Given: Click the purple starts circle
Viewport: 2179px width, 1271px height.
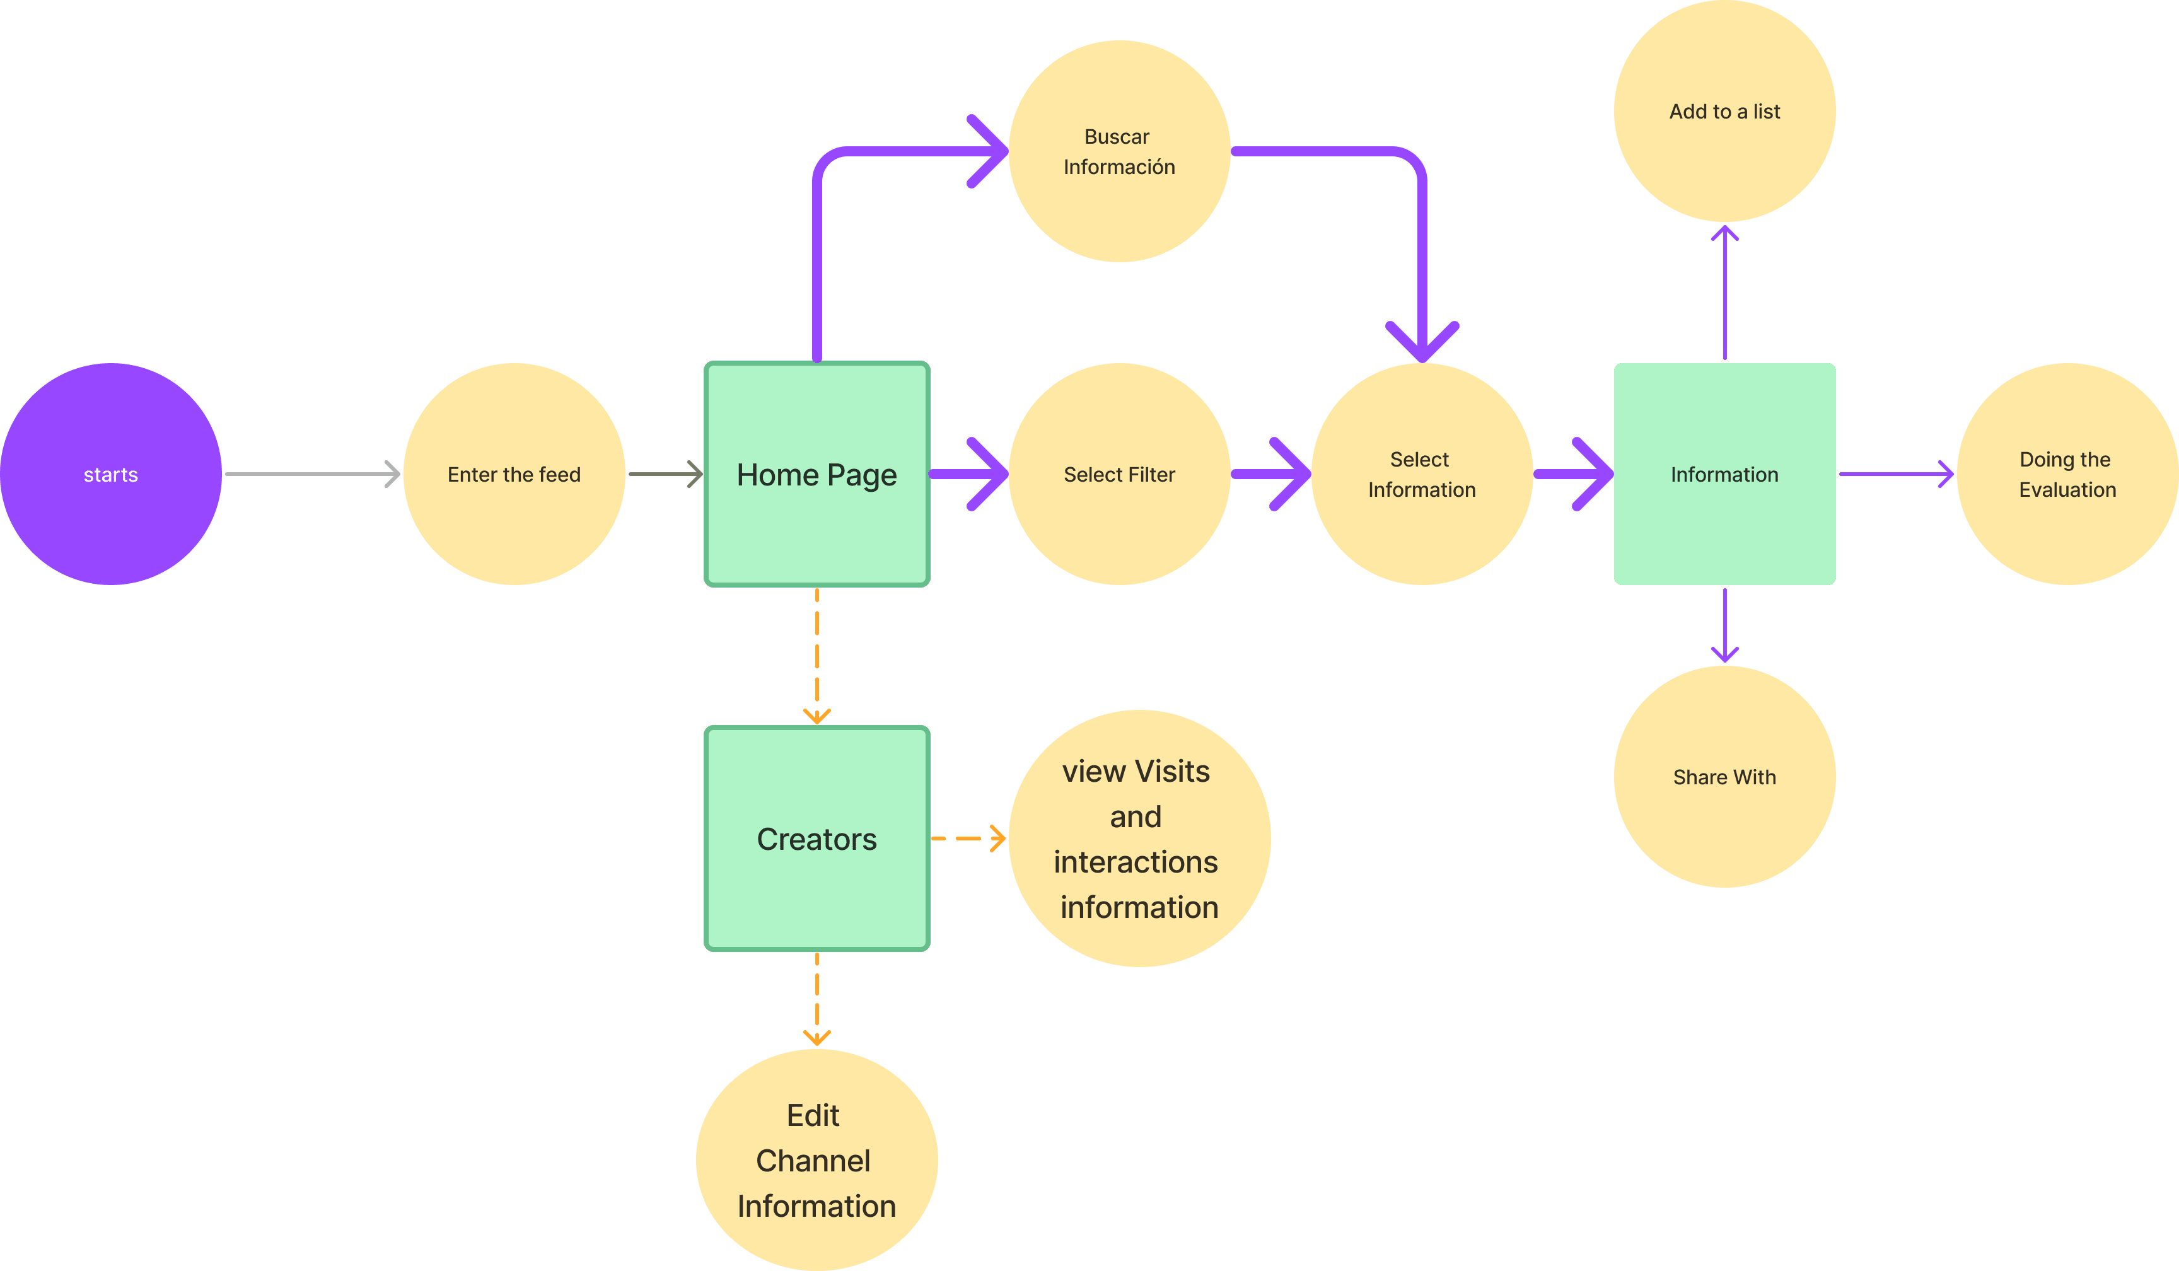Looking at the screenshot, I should click(111, 474).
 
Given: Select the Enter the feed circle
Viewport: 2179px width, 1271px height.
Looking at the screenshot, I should click(514, 474).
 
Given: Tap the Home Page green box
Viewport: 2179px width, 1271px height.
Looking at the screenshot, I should click(816, 474).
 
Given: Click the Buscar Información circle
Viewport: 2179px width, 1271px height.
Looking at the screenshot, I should click(1119, 151).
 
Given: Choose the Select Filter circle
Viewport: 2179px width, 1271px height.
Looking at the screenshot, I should click(1119, 474).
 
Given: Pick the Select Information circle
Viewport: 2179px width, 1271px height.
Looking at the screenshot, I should click(1422, 474).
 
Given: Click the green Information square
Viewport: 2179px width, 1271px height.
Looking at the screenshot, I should click(1724, 474).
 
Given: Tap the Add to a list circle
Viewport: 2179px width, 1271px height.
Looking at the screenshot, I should click(1724, 111).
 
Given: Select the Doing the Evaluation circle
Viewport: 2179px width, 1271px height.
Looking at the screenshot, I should click(2067, 474).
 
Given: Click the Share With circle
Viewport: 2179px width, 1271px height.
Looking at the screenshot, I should click(1724, 777).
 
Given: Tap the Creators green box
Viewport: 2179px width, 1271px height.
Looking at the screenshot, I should click(816, 839).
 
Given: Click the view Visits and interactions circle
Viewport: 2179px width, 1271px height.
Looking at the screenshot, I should click(1138, 839).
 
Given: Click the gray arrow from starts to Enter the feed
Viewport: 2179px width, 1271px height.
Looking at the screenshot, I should click(311, 474).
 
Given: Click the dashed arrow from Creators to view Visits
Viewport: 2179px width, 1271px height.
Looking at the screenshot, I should click(968, 839).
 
